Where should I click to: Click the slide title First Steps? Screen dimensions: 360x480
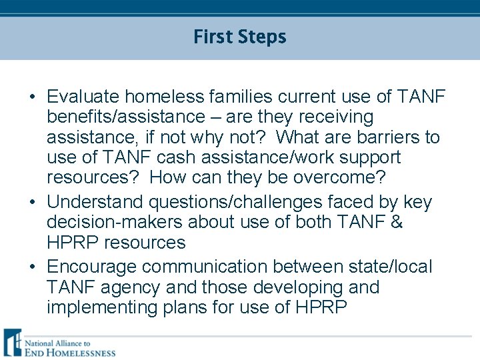click(239, 37)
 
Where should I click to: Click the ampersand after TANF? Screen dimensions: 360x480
click(397, 222)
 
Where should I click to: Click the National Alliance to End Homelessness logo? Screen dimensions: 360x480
click(59, 343)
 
